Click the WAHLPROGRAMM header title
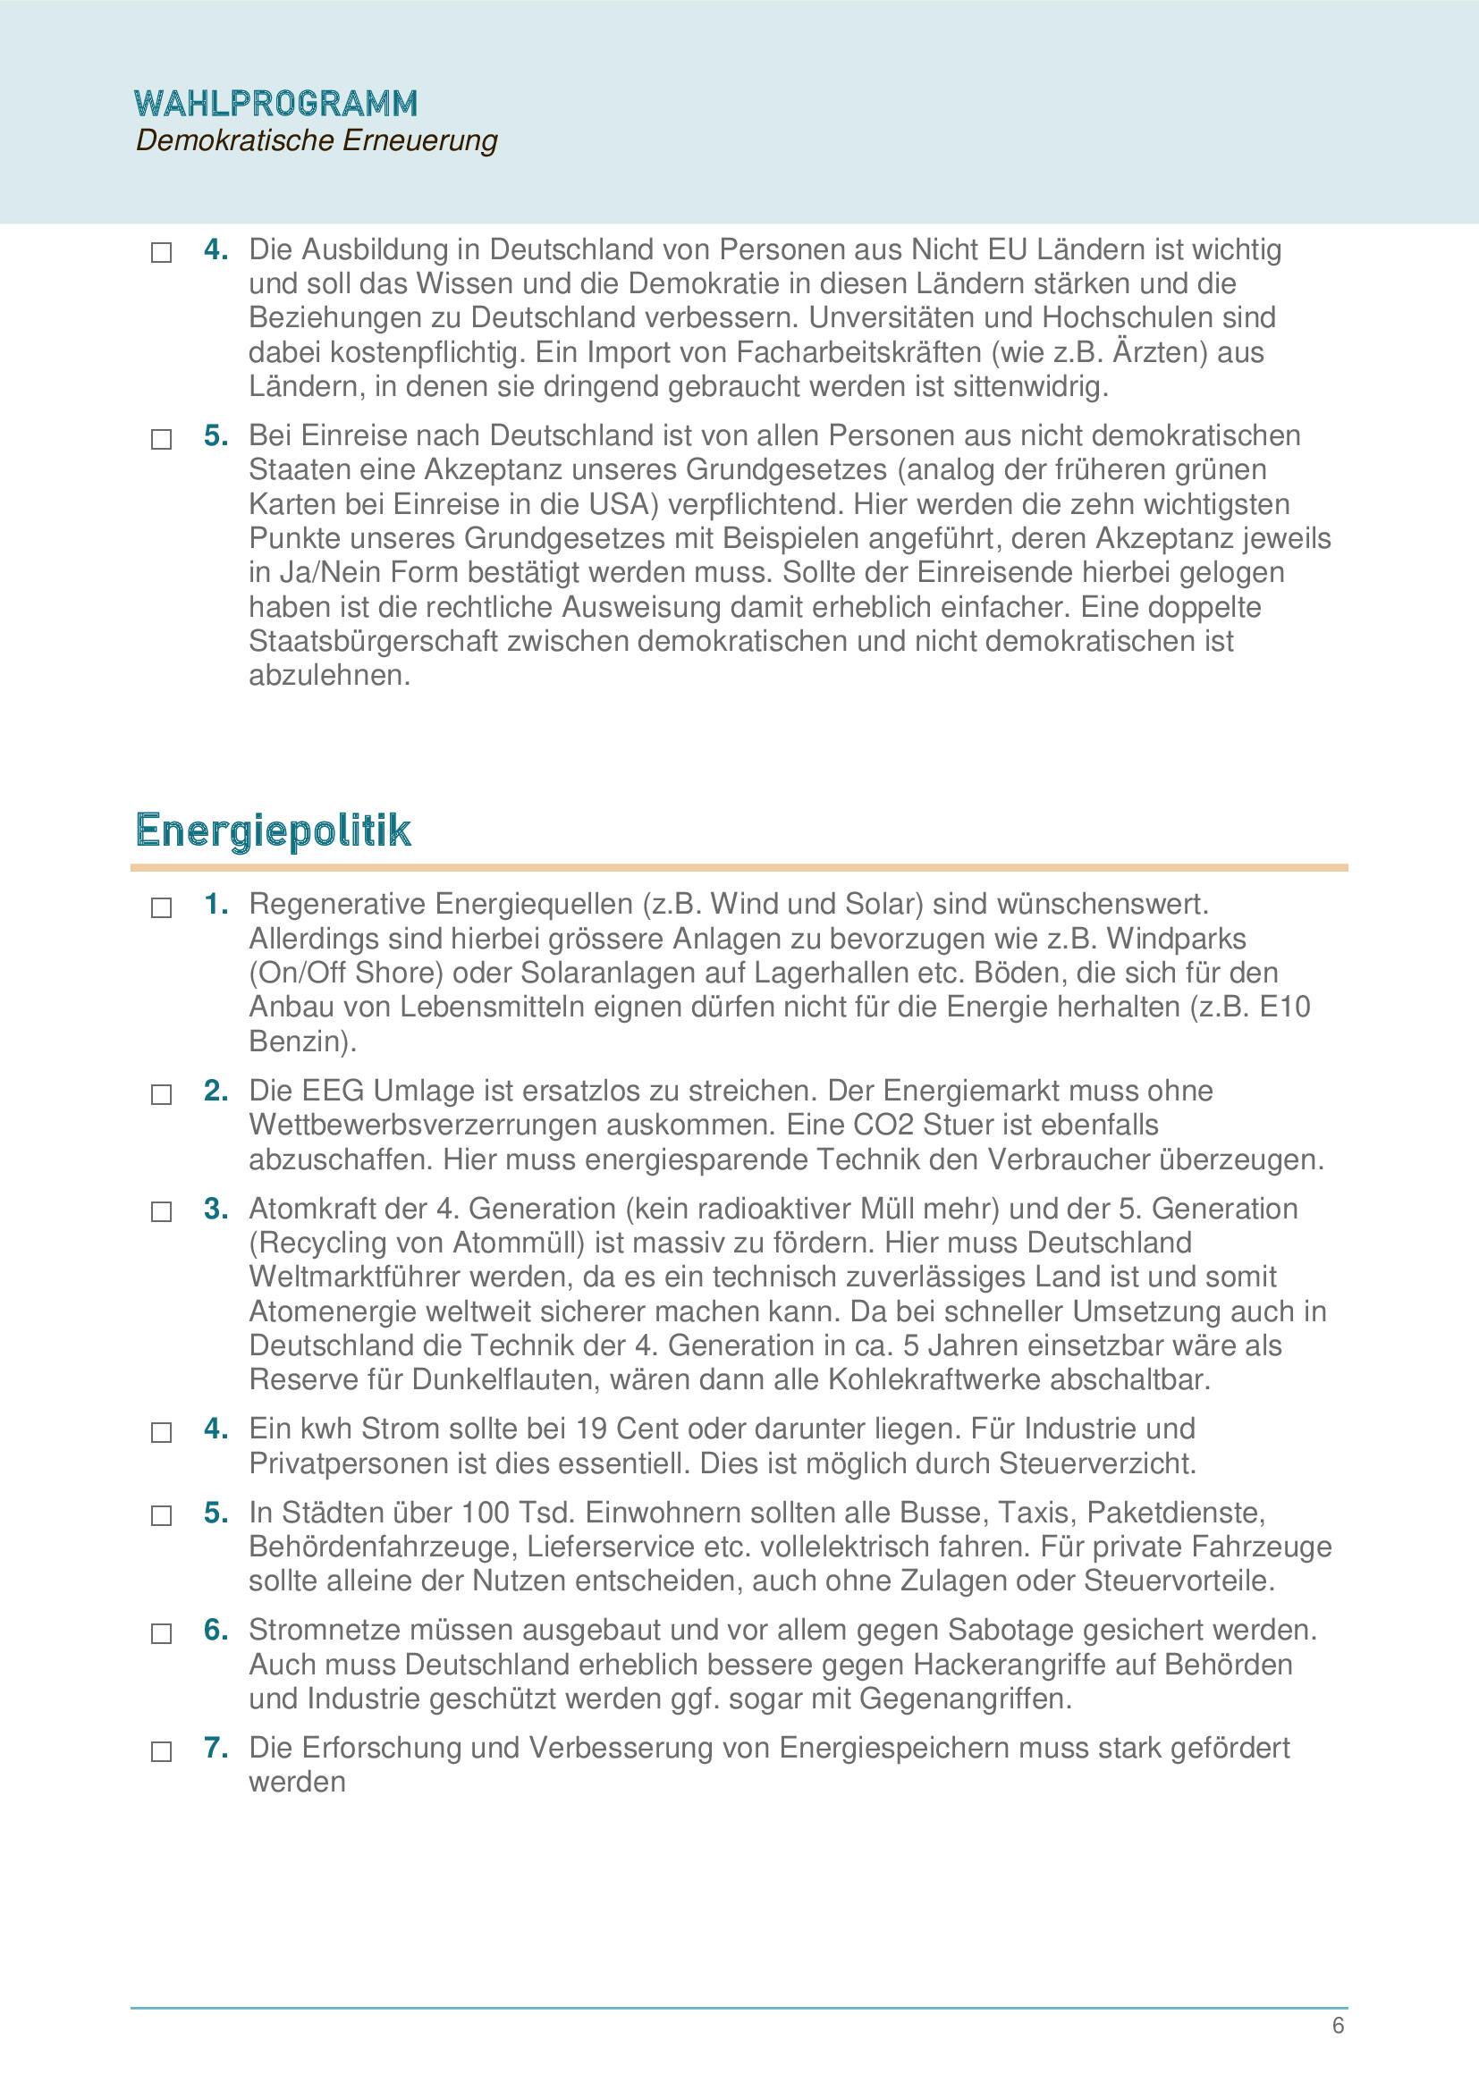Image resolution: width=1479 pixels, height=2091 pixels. (x=276, y=103)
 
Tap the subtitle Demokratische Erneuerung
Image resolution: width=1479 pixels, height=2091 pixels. (x=316, y=140)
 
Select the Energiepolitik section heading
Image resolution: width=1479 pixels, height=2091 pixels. (x=274, y=830)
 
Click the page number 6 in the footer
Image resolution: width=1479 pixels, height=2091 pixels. (x=1338, y=2025)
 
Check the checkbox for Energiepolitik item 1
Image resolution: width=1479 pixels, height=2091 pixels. (x=161, y=907)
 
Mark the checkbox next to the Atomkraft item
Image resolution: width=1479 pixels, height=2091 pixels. (x=161, y=1211)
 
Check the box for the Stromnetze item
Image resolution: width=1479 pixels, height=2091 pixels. (x=161, y=1633)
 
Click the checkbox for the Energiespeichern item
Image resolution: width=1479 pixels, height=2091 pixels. (x=161, y=1751)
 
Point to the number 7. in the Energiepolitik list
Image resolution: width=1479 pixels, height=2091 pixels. (x=216, y=1748)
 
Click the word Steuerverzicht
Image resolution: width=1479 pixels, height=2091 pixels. (x=1095, y=1463)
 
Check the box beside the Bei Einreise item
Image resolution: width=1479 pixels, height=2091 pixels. (x=161, y=439)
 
